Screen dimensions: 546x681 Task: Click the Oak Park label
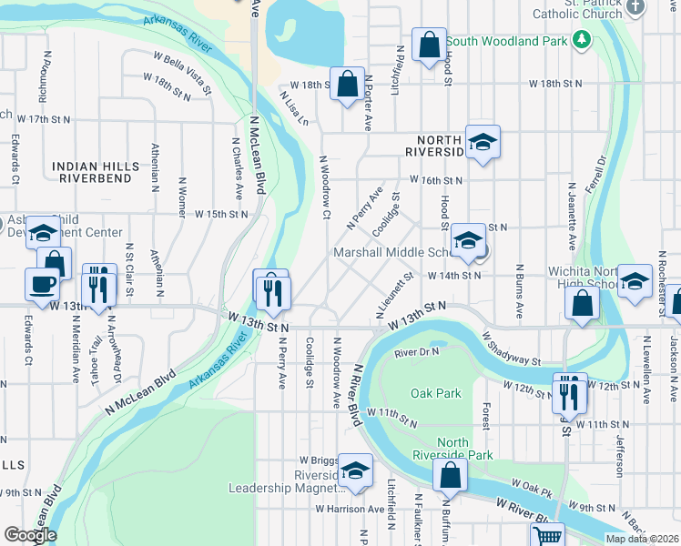tap(435, 394)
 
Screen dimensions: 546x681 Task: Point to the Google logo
tap(30, 535)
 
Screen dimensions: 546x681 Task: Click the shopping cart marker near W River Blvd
tap(547, 537)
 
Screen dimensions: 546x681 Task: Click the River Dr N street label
tap(417, 352)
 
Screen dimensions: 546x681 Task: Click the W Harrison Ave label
tap(352, 509)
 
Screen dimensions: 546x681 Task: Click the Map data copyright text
tap(642, 539)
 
